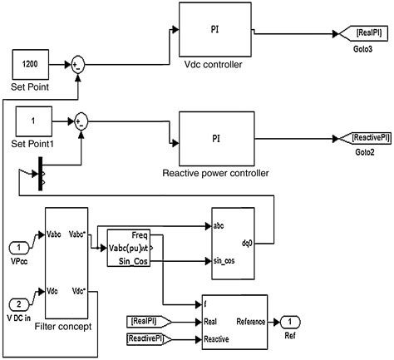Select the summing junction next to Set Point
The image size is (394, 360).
[x=77, y=64]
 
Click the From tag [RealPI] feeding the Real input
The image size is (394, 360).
[x=150, y=320]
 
